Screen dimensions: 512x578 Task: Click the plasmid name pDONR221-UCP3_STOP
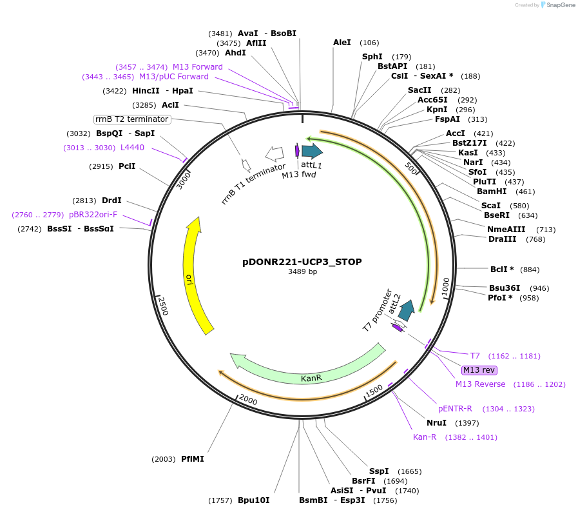302,262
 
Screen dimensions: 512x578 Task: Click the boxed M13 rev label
479,369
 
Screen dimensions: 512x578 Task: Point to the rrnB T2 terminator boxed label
132,119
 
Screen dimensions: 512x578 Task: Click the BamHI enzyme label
491,192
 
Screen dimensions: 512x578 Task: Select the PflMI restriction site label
192,459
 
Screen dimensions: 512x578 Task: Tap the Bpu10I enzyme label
253,500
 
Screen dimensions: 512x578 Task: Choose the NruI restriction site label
436,423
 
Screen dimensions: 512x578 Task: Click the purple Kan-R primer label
425,437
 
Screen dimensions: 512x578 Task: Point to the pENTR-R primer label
455,409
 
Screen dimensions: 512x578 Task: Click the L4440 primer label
132,148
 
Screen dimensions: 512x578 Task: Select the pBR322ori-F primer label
93,215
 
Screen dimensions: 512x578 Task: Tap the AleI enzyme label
342,43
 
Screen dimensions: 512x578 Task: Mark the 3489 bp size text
302,272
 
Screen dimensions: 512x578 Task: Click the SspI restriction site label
378,471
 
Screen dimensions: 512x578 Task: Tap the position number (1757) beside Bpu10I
220,500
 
